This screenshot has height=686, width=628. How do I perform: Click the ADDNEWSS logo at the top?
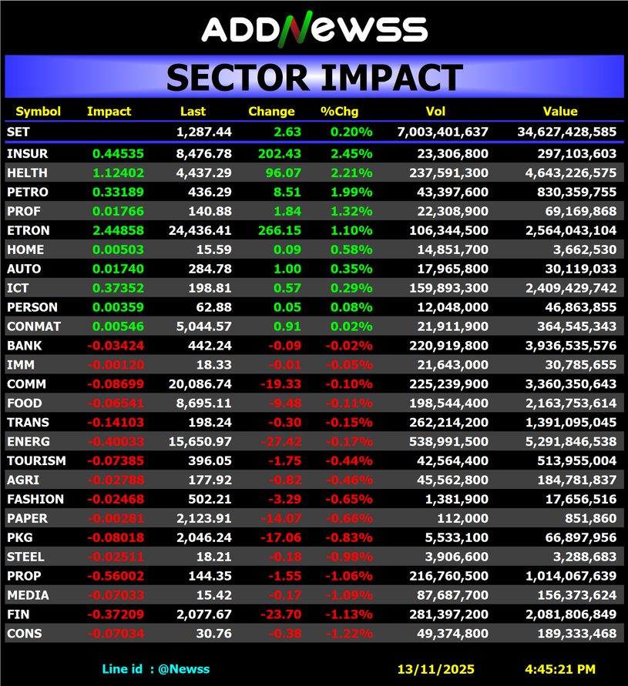(314, 28)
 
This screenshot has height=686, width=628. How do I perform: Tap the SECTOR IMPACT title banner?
(314, 78)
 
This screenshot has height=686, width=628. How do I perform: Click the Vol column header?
(435, 112)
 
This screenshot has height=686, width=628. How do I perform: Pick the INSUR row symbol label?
(27, 154)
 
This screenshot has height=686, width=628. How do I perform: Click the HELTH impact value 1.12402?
(118, 173)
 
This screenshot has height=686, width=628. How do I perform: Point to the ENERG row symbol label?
(29, 442)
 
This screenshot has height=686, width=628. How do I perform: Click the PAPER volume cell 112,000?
(465, 518)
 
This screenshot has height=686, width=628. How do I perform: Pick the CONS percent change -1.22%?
(348, 634)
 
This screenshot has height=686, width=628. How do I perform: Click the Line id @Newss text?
(156, 669)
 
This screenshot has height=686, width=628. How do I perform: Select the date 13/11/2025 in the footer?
(436, 669)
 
